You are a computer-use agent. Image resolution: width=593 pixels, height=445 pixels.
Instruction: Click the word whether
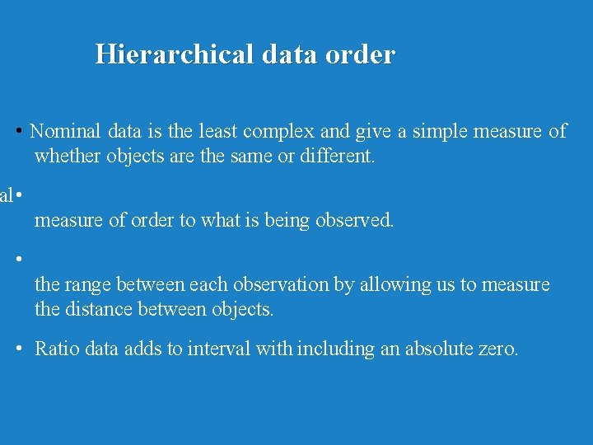pos(68,156)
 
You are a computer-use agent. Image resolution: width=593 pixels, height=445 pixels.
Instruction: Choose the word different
pos(334,156)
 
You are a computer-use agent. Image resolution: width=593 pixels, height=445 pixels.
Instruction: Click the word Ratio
pos(55,349)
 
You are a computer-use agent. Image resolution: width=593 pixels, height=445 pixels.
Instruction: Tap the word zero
pos(498,349)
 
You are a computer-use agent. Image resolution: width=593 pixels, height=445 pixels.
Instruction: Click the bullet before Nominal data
pos(18,132)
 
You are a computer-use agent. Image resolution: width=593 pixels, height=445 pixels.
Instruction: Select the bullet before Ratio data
pos(18,349)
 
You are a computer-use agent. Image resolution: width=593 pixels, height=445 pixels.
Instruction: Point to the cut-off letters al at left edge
pos(6,196)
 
